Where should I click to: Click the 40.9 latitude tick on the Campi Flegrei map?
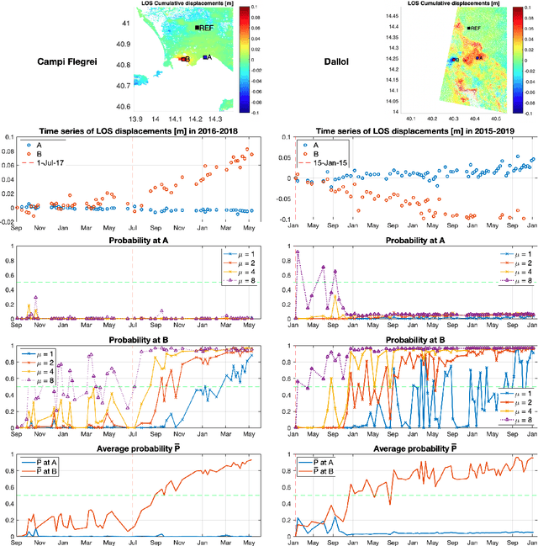coord(123,45)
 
